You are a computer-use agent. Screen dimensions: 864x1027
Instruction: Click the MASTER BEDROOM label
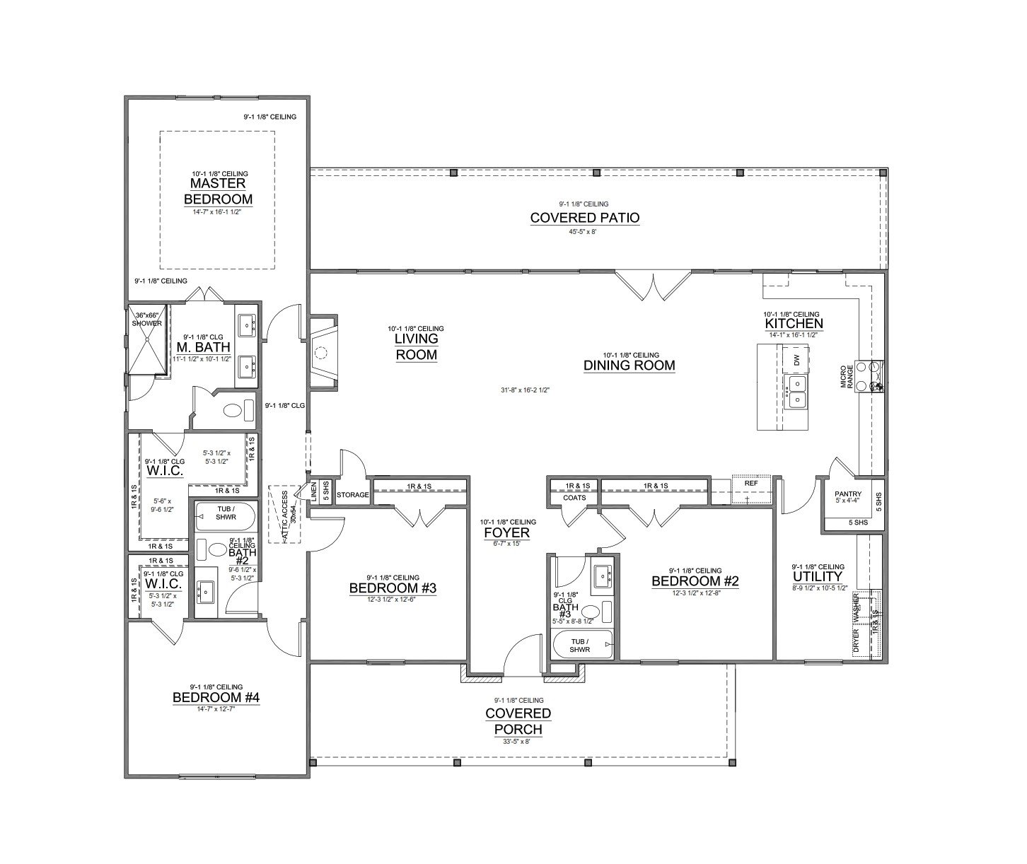pos(218,191)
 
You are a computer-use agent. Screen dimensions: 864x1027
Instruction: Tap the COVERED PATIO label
pos(584,218)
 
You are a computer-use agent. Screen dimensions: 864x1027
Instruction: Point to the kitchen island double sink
pos(796,392)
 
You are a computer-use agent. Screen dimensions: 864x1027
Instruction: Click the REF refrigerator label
pos(750,483)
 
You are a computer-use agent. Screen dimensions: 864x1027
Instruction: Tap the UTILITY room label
pos(817,576)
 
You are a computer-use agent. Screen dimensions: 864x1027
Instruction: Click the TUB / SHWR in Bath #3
pos(581,646)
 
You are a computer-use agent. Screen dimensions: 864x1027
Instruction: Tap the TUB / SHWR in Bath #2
pos(226,517)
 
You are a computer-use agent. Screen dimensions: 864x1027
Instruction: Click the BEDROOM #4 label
pos(216,698)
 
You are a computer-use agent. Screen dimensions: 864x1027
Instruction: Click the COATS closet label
pos(574,498)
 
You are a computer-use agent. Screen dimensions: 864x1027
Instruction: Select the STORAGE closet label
pos(352,495)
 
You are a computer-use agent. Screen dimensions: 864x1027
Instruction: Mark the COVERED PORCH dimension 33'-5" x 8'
pos(517,742)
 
